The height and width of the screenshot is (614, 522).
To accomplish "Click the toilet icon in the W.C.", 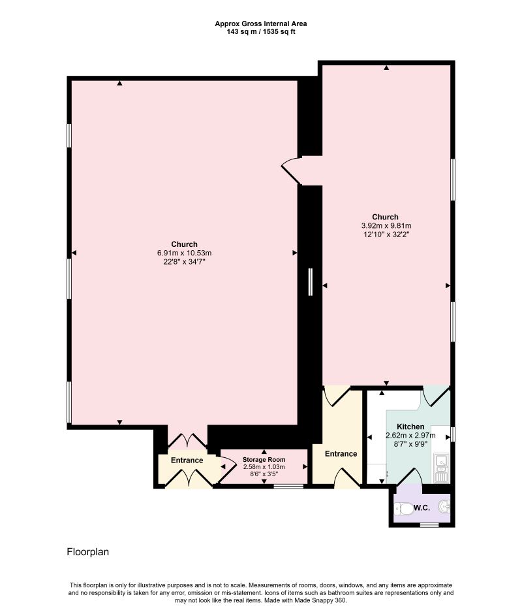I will (405, 508).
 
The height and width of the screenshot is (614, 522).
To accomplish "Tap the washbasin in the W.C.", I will (444, 506).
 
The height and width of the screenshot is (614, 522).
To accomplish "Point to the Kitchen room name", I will (410, 427).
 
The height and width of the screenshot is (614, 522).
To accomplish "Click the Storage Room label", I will (264, 460).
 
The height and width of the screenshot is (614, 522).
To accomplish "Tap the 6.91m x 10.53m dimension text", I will (184, 253).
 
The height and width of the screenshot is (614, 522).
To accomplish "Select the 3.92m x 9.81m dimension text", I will (385, 225).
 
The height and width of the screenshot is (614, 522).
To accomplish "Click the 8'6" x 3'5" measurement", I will (264, 475).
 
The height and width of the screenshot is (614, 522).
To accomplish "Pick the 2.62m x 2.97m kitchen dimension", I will (410, 435).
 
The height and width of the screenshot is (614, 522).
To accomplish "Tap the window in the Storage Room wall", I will (288, 486).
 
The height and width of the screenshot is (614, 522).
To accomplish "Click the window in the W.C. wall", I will (428, 525).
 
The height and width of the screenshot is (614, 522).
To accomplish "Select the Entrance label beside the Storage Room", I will (187, 460).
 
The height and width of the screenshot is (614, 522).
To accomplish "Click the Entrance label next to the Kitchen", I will (341, 454).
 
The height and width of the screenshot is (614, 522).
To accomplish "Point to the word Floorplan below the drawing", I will (88, 552).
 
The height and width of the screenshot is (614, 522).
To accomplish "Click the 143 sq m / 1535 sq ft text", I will (260, 31).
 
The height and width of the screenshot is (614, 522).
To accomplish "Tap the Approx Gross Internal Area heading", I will (260, 24).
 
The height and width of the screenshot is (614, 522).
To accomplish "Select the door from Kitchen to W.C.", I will (415, 477).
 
